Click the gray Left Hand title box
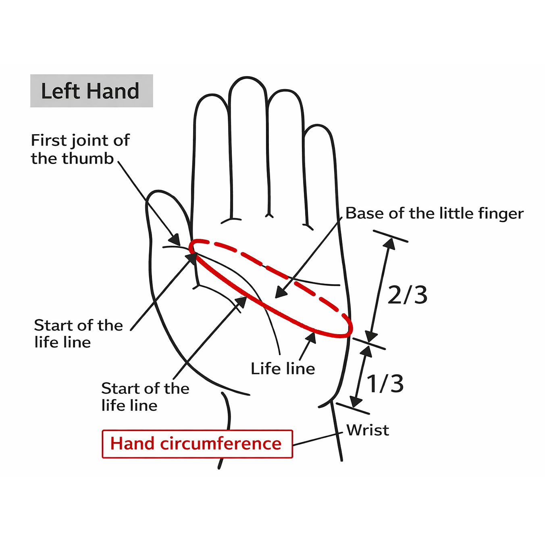[x=92, y=91]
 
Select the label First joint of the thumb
[x=80, y=149]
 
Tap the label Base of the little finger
[x=434, y=213]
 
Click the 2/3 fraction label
[x=407, y=295]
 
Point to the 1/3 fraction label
[x=385, y=383]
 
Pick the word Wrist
[x=368, y=430]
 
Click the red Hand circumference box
[x=197, y=444]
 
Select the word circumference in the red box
[x=220, y=444]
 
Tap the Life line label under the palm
[x=283, y=368]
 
